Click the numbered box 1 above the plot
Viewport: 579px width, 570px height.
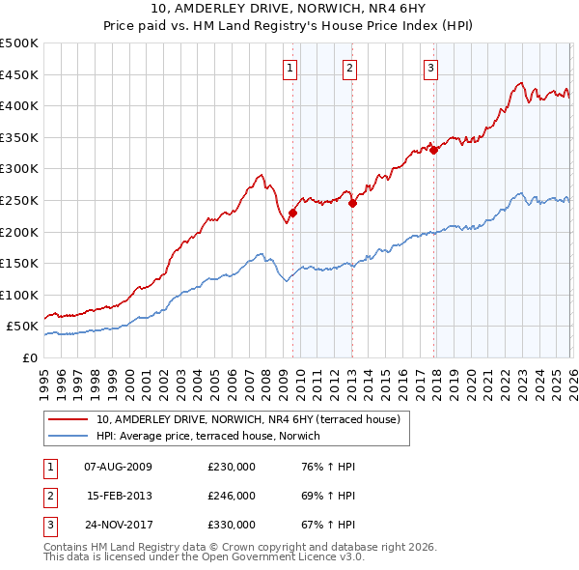tap(290, 68)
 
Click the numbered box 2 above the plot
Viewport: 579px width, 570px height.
tap(348, 68)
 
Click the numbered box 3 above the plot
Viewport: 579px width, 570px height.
tap(430, 68)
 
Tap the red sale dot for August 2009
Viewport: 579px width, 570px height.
tap(292, 214)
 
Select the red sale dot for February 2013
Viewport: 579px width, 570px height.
tap(352, 203)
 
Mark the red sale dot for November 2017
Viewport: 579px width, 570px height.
tap(434, 150)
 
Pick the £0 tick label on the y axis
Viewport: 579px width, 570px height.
tap(29, 357)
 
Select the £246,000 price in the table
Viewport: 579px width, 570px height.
tap(232, 496)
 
